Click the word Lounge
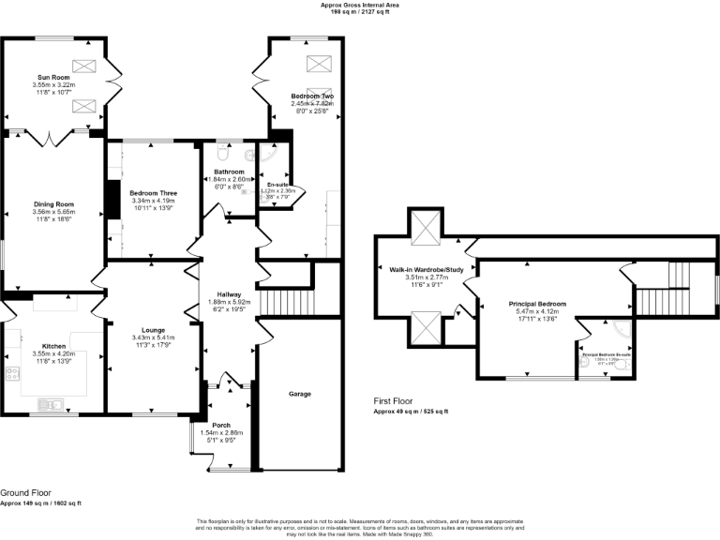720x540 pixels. [153, 330]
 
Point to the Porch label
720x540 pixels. [221, 424]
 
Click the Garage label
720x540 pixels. [299, 394]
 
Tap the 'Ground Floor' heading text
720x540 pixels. [26, 492]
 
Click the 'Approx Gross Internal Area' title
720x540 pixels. [359, 5]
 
